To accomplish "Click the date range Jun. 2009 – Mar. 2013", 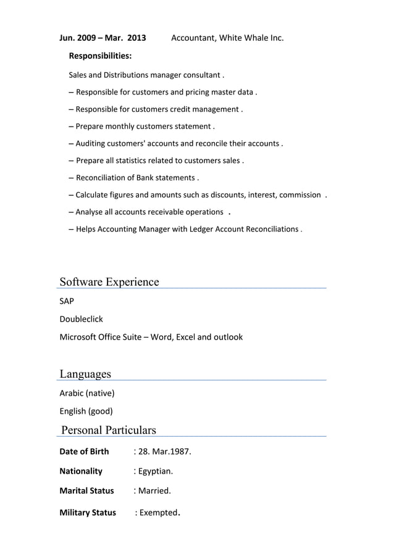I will click(x=103, y=38).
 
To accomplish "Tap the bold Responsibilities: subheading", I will click(x=100, y=56).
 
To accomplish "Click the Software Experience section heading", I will click(x=109, y=282).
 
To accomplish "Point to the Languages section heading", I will click(x=85, y=374).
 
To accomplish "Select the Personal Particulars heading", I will click(x=109, y=430).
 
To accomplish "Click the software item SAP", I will click(x=67, y=301).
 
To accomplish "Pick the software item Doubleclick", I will click(x=81, y=319).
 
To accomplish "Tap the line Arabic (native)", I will click(x=87, y=393).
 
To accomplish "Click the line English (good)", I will click(x=86, y=411).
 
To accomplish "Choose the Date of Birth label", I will click(x=84, y=451).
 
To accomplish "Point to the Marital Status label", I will click(x=86, y=491).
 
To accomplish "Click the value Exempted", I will click(x=159, y=513).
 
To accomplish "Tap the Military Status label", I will click(x=88, y=513).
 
